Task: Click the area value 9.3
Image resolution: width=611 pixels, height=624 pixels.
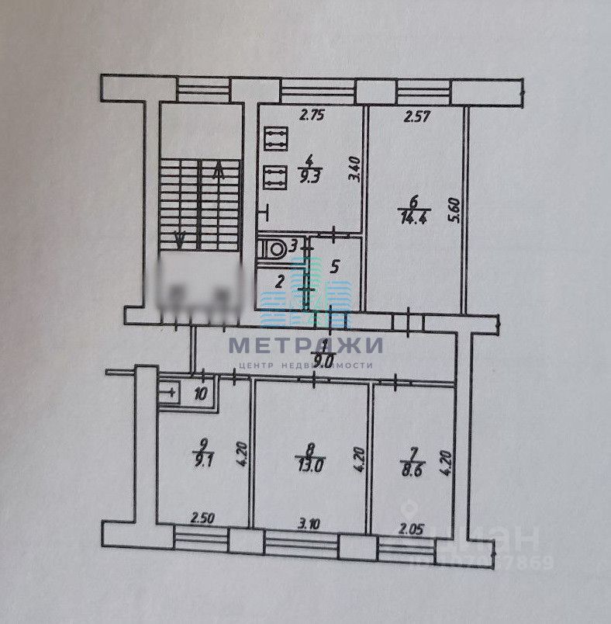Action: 311,175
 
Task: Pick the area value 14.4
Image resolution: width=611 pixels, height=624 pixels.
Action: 409,219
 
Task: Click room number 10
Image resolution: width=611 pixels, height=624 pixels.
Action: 201,393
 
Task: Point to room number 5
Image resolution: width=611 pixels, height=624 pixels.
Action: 334,267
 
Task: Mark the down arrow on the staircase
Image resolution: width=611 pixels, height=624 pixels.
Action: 180,238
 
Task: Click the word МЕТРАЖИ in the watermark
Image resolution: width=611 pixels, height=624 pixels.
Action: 305,345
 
